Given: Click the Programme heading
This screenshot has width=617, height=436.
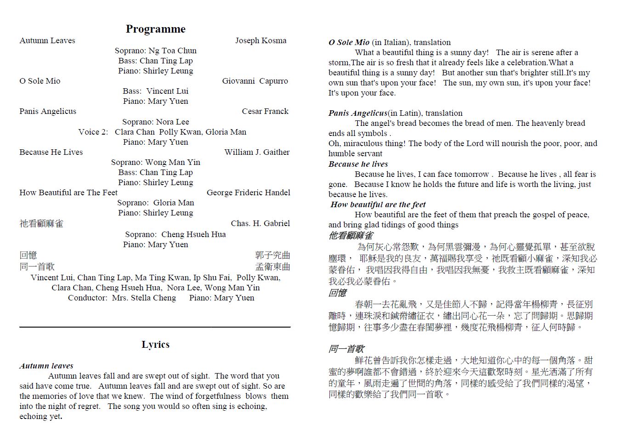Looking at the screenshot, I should coord(155,29).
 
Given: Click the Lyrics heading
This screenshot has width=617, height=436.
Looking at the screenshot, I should coord(155,345).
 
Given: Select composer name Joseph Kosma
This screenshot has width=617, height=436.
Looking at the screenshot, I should coord(260,40).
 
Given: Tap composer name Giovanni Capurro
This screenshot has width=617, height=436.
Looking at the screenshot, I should coord(255,81).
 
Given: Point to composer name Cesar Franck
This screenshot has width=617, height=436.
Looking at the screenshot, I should coord(265,111).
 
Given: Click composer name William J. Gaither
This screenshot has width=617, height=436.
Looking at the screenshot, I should coord(257,152).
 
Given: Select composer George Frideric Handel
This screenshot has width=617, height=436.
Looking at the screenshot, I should coord(248,193).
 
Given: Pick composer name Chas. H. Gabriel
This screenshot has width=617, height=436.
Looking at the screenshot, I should coord(260,223).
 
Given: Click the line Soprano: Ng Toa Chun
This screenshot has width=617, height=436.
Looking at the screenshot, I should coord(155,51).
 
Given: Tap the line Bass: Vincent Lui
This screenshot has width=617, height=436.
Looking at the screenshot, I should coord(155,91).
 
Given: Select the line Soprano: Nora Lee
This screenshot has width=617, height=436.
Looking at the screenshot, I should coord(155,122).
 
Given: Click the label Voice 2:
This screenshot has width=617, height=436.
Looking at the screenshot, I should coord(93,132).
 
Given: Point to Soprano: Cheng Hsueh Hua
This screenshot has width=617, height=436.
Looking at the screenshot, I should coord(175,234).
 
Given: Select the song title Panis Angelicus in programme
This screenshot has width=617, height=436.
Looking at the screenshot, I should coord(48,111).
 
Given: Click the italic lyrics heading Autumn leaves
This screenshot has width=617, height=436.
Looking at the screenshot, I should coord(46,366).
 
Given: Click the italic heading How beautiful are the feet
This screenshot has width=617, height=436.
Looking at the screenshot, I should coord(378,204).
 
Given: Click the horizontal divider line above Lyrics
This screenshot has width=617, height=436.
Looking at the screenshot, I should coord(155,327).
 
